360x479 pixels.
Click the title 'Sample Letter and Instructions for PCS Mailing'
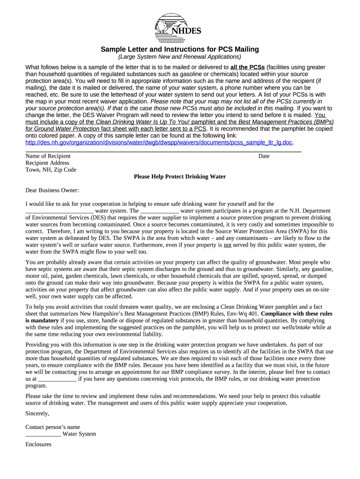[180, 50]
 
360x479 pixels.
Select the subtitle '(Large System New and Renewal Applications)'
[180, 57]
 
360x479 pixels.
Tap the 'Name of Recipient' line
[48, 156]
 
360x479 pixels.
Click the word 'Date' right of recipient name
[264, 156]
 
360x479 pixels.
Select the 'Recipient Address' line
[47, 163]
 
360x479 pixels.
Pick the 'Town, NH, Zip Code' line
[50, 170]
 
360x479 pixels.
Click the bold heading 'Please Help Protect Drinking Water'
[180, 177]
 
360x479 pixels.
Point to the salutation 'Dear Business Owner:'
[52, 190]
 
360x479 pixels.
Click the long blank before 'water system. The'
[59, 211]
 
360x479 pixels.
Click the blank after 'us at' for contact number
[57, 379]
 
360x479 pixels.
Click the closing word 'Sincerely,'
[37, 414]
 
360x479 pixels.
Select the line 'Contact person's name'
[52, 427]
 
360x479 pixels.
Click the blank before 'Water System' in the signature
[43, 434]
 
